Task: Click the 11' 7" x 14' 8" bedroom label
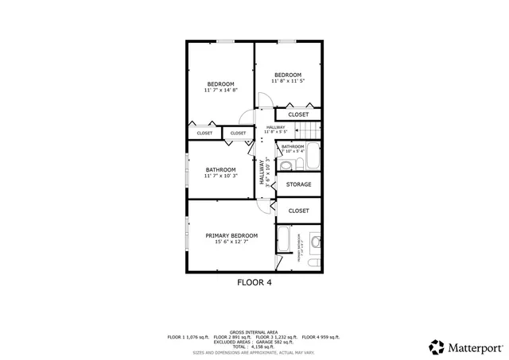(x=220, y=87)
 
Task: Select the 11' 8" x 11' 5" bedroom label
(x=288, y=78)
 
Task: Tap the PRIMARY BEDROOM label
(x=231, y=238)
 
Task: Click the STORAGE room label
(x=298, y=185)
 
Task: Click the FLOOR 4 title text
(x=254, y=282)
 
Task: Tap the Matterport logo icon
(x=437, y=347)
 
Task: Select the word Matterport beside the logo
(x=474, y=347)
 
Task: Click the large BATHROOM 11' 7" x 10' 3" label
(x=220, y=172)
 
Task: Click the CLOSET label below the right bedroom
(x=298, y=114)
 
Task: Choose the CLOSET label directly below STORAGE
(x=298, y=211)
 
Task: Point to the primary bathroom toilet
(x=315, y=241)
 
